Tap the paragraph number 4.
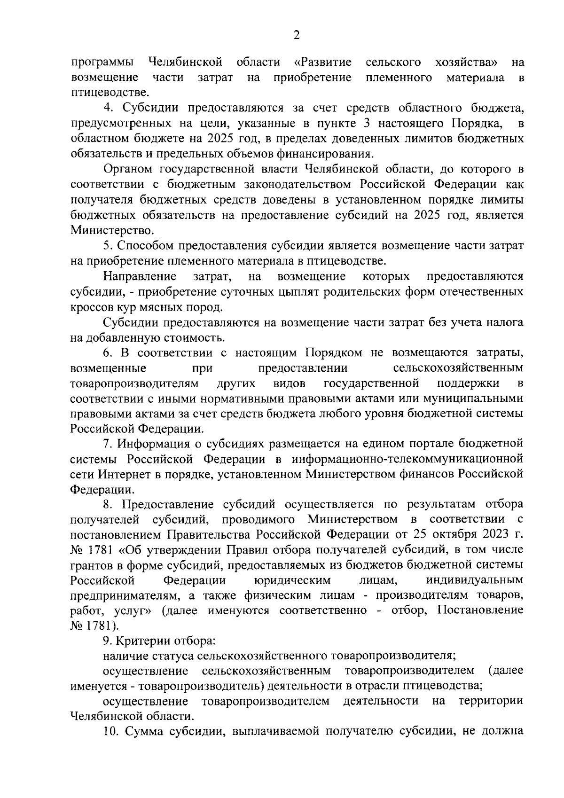(108, 108)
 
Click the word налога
(502, 322)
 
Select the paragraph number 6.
(108, 352)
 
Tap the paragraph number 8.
(108, 504)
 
